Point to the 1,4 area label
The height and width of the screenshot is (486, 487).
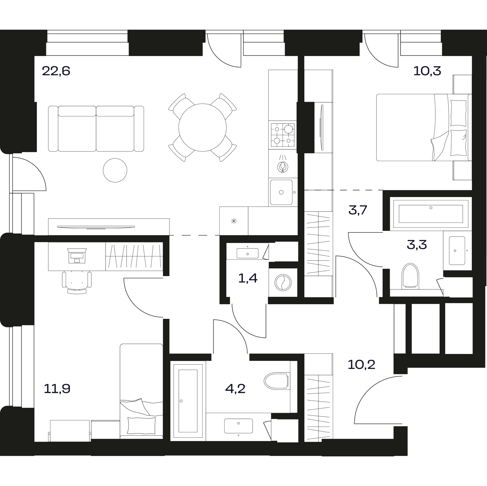(x=248, y=278)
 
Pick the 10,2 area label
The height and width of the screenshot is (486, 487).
(x=361, y=364)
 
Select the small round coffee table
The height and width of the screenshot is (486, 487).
(x=115, y=170)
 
